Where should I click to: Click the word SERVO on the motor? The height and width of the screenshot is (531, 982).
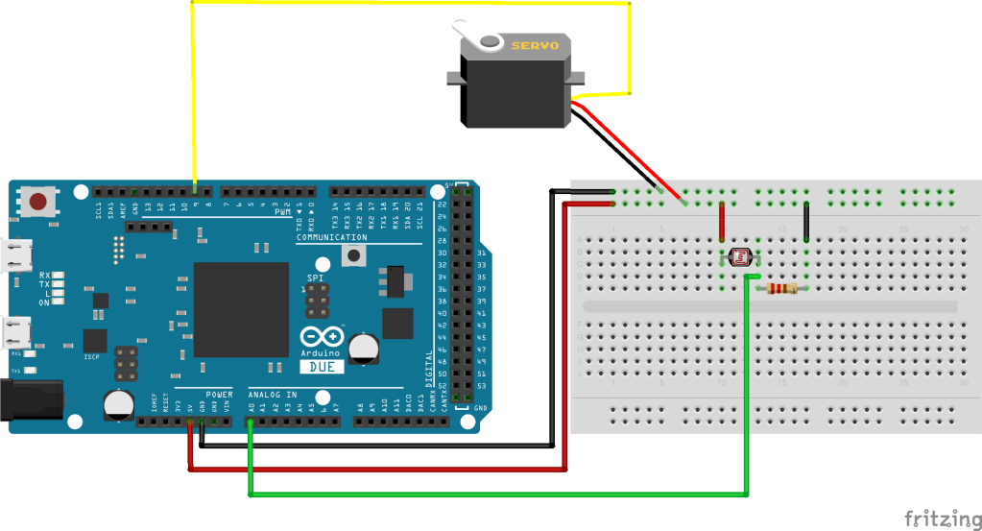pos(535,45)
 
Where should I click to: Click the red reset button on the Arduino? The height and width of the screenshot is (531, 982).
pos(38,202)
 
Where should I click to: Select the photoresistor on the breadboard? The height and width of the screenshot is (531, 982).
pos(740,256)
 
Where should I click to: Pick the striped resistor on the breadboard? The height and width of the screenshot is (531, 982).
pos(783,288)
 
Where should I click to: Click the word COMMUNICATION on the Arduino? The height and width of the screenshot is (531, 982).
pos(331,237)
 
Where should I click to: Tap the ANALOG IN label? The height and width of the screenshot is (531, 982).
pos(273,395)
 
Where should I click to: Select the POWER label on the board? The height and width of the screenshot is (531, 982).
pos(219,395)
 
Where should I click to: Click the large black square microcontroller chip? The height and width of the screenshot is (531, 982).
pos(241,309)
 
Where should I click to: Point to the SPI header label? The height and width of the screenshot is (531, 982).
pos(316,278)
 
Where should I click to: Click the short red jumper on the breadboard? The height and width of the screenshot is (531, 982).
pos(722,222)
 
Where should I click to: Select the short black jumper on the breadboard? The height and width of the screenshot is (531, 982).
pos(806,222)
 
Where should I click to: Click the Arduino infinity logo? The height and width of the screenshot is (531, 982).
pos(322,338)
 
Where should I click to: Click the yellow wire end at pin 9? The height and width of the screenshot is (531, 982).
pos(196,191)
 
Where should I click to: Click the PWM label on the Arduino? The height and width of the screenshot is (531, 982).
pos(282,212)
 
